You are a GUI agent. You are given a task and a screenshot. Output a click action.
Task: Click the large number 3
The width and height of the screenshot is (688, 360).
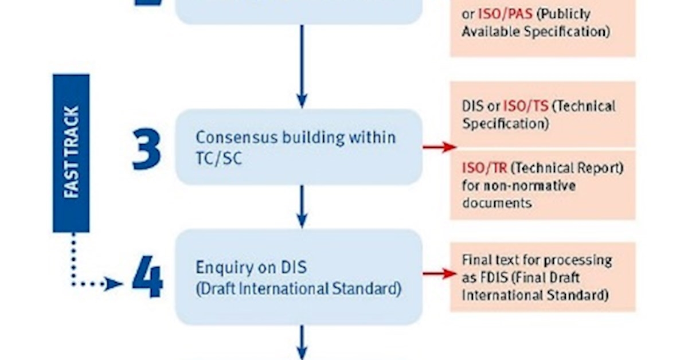click(147, 149)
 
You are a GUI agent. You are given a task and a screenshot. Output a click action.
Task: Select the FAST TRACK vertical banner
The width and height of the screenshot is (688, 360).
click(71, 153)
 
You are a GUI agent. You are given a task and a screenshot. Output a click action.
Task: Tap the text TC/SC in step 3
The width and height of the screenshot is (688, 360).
click(218, 158)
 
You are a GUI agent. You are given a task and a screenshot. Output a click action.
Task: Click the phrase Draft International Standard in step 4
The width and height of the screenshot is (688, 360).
click(298, 288)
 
